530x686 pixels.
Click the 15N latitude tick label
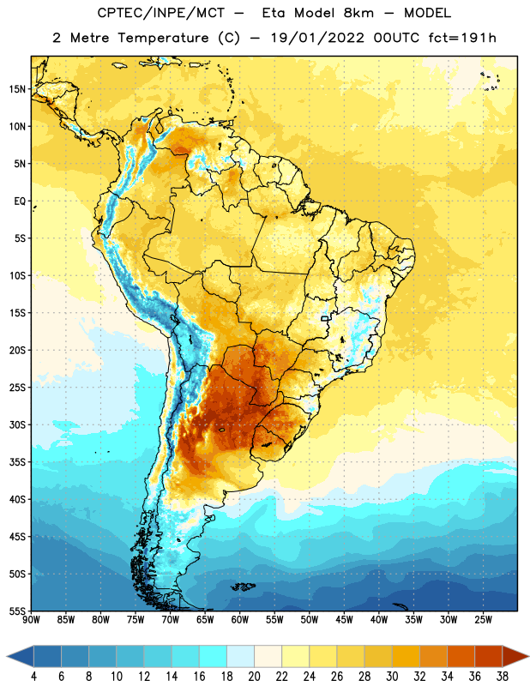tap(17, 89)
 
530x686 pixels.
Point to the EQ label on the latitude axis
tap(20, 202)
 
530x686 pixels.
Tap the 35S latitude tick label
tap(17, 462)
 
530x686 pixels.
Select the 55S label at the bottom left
tap(17, 611)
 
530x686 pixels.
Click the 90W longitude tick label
tap(31, 620)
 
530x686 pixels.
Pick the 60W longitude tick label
tap(240, 620)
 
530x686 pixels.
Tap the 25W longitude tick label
tap(483, 620)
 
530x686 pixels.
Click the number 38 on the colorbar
tap(503, 677)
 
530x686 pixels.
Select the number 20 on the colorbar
tap(254, 677)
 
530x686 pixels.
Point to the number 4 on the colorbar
tap(33, 677)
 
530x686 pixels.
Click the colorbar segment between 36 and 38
tap(489, 657)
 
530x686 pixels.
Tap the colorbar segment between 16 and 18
tap(214, 657)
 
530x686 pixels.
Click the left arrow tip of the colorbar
tap(7, 657)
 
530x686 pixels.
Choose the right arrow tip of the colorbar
tap(528, 657)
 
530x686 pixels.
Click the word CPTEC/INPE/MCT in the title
tap(160, 13)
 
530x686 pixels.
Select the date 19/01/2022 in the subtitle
tap(317, 38)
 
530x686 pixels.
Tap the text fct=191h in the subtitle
tap(462, 38)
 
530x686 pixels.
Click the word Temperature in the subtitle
tap(163, 38)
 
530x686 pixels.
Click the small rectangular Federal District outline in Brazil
tap(325, 318)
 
